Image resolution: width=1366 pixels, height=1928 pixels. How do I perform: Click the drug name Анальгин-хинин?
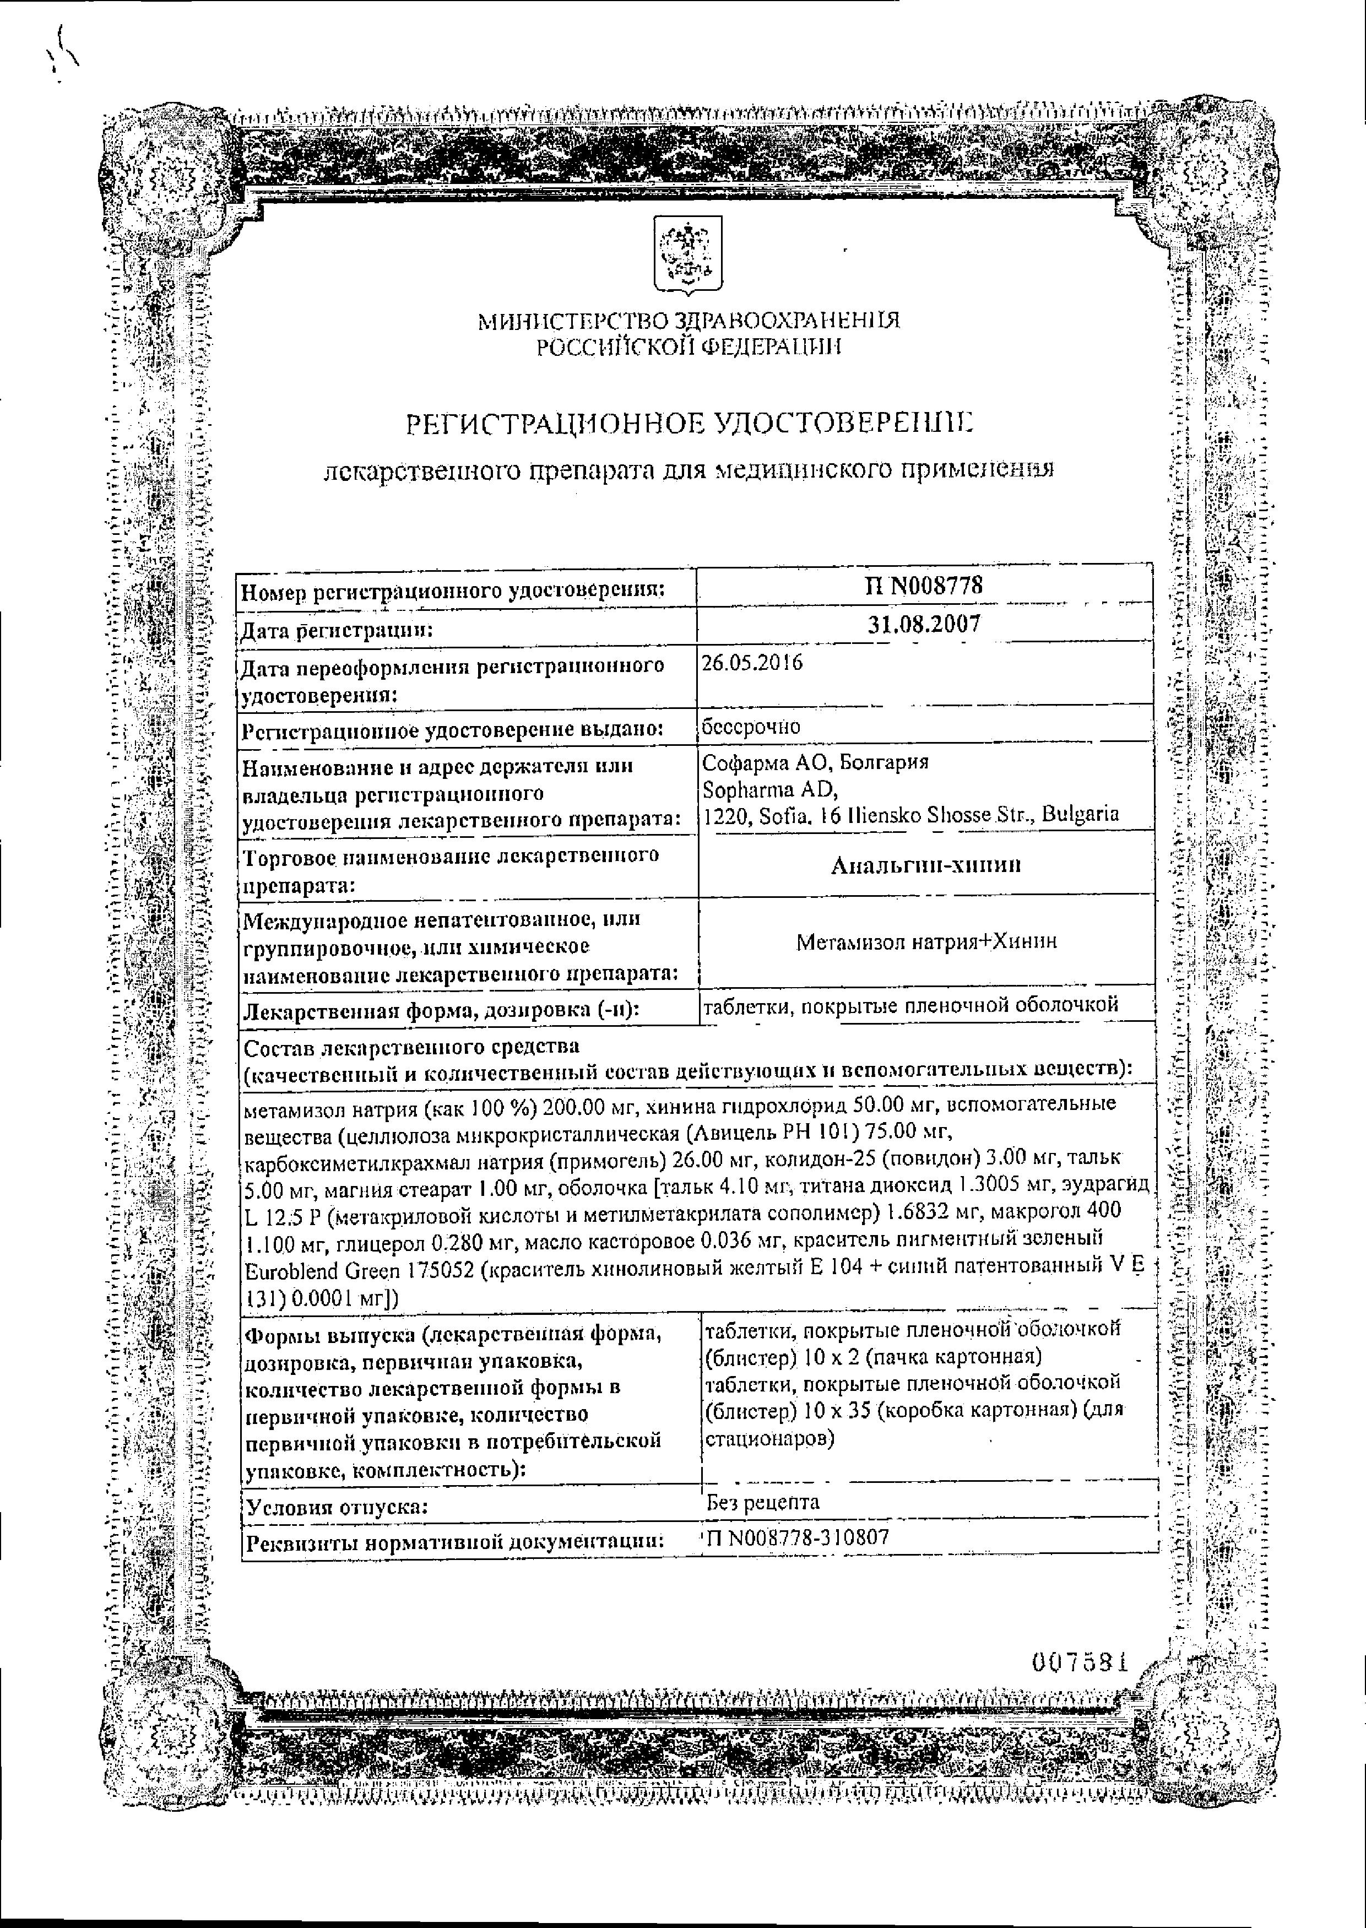coord(925,865)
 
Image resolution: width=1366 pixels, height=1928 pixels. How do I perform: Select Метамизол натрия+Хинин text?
coord(925,941)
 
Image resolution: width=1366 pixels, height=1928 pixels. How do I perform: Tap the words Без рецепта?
coord(763,1502)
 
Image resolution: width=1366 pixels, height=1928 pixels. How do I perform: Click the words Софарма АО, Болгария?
coord(814,763)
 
